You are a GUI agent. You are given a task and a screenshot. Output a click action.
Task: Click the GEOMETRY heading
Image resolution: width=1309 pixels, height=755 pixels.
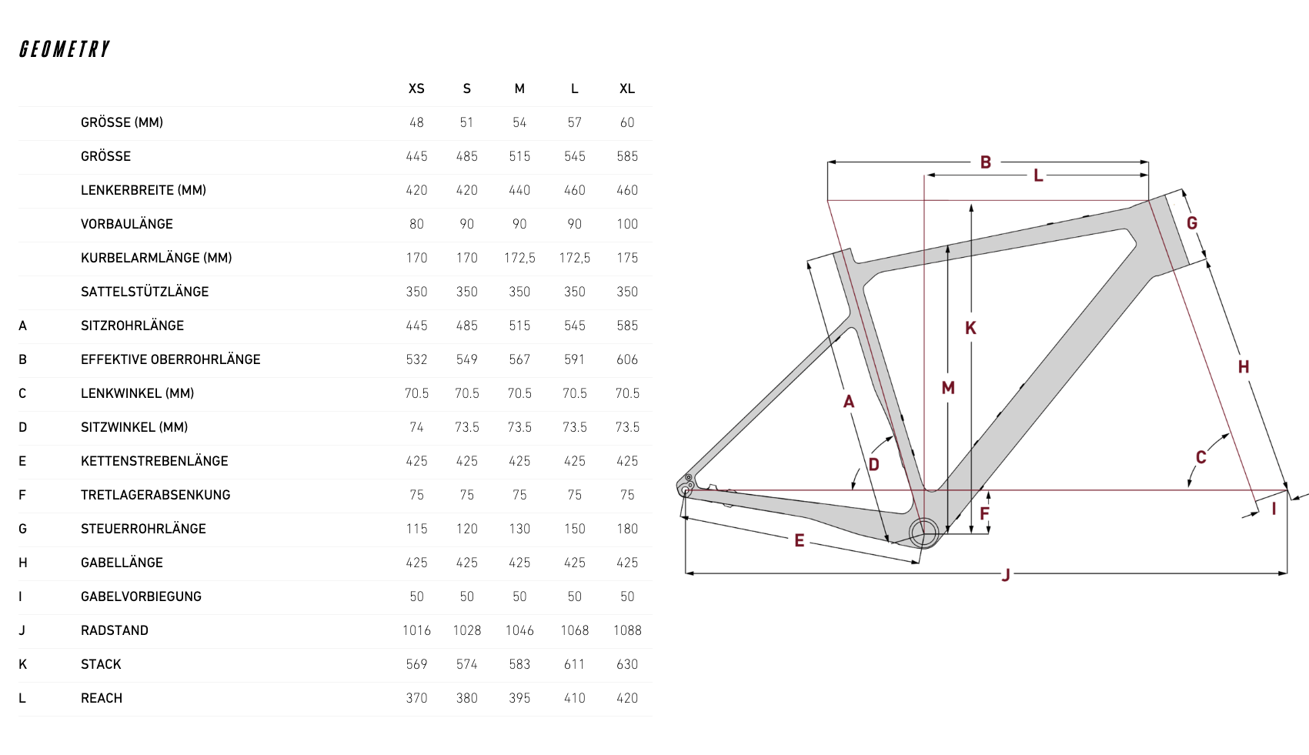coord(65,49)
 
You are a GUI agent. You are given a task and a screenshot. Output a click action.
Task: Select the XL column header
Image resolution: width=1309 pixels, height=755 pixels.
coord(627,89)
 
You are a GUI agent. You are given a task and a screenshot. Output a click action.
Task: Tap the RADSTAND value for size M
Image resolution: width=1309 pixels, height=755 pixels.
coord(519,630)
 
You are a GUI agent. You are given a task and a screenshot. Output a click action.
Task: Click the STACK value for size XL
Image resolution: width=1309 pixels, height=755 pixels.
coord(627,664)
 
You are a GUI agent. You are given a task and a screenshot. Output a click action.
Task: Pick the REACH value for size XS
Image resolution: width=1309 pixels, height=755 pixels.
coord(416,698)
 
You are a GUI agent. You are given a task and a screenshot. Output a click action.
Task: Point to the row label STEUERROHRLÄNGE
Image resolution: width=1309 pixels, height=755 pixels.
coord(143,529)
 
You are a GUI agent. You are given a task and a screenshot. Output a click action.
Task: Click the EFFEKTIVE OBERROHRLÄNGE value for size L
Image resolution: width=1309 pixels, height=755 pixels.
coord(574,359)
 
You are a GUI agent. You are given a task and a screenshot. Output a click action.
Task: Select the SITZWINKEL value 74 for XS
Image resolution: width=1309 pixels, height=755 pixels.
coord(416,427)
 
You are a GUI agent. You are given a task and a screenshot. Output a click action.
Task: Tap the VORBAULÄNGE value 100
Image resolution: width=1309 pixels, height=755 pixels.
coord(627,224)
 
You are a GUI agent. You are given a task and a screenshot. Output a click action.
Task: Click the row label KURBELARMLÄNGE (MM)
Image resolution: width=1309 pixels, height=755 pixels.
coord(156,258)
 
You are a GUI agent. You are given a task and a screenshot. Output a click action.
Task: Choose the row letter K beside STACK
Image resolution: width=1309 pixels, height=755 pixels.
coord(22,664)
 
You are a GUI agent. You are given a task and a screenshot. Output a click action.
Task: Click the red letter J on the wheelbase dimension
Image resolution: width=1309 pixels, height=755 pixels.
coord(1006,576)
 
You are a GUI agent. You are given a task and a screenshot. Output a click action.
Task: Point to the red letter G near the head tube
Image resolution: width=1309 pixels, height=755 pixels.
coord(1192,222)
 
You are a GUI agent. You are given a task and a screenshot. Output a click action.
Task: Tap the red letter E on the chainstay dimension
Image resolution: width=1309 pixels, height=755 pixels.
coord(800,540)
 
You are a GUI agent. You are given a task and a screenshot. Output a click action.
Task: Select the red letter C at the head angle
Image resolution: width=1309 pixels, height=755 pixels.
coord(1201,457)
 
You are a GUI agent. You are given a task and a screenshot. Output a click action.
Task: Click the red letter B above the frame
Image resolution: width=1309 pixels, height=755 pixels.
coord(985,162)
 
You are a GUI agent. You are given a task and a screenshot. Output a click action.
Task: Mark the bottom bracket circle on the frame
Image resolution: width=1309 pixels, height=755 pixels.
coord(924,533)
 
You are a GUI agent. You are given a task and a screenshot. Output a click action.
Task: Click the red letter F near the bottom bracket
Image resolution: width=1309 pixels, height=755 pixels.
coord(985,513)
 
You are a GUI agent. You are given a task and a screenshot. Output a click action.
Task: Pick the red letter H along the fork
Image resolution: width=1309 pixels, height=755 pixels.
coord(1244,367)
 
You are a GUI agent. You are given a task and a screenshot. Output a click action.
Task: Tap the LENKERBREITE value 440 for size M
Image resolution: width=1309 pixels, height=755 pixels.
coord(519,190)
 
